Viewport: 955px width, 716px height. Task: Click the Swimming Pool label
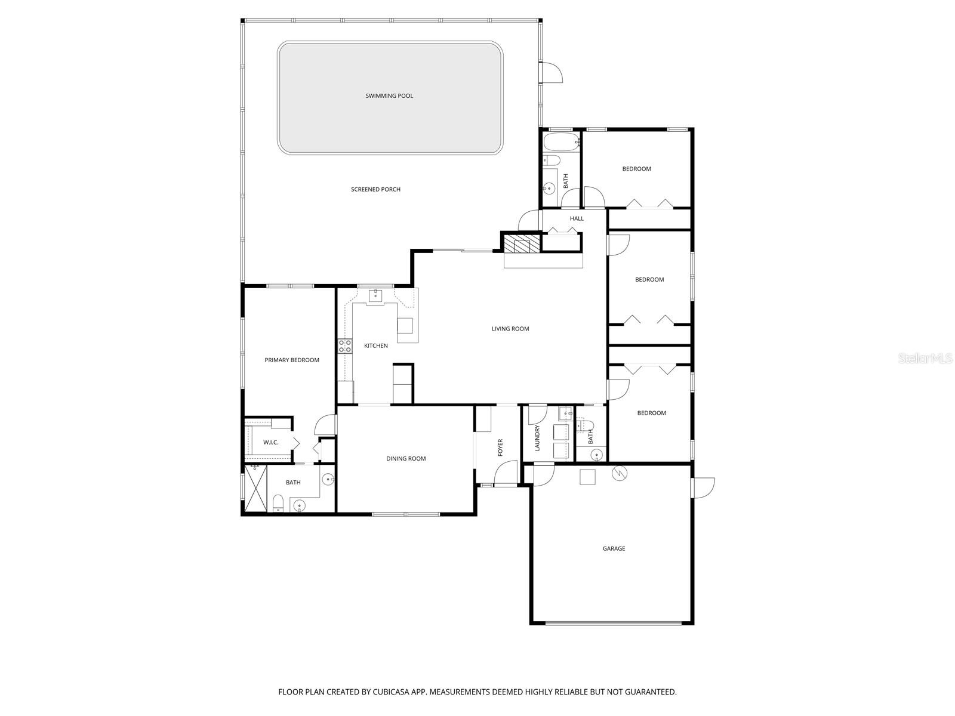coord(389,95)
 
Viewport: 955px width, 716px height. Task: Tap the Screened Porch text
coord(375,189)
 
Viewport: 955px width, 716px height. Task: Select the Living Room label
coord(510,329)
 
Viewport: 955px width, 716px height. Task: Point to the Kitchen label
coord(376,345)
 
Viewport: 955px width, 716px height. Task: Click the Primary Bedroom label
coord(292,360)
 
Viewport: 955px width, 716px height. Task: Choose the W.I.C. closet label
coord(271,442)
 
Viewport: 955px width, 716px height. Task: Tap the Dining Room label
coord(406,458)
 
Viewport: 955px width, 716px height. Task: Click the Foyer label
coord(500,447)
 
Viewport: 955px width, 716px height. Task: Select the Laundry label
coord(537,437)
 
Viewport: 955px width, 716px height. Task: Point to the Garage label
coord(614,548)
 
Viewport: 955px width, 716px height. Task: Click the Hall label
coord(577,218)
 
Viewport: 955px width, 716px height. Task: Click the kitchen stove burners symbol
coord(345,347)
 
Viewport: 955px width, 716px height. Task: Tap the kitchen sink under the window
coord(375,295)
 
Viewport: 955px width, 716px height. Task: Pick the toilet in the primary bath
coord(278,503)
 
